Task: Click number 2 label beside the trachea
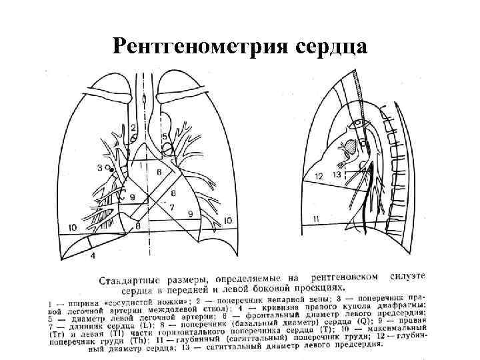(x=134, y=127)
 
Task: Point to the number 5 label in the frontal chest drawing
(x=164, y=137)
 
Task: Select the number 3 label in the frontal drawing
(x=100, y=167)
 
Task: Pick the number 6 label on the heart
(x=159, y=172)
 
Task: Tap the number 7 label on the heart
(x=171, y=207)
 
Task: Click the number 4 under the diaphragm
(x=93, y=255)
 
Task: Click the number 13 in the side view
(x=337, y=174)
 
